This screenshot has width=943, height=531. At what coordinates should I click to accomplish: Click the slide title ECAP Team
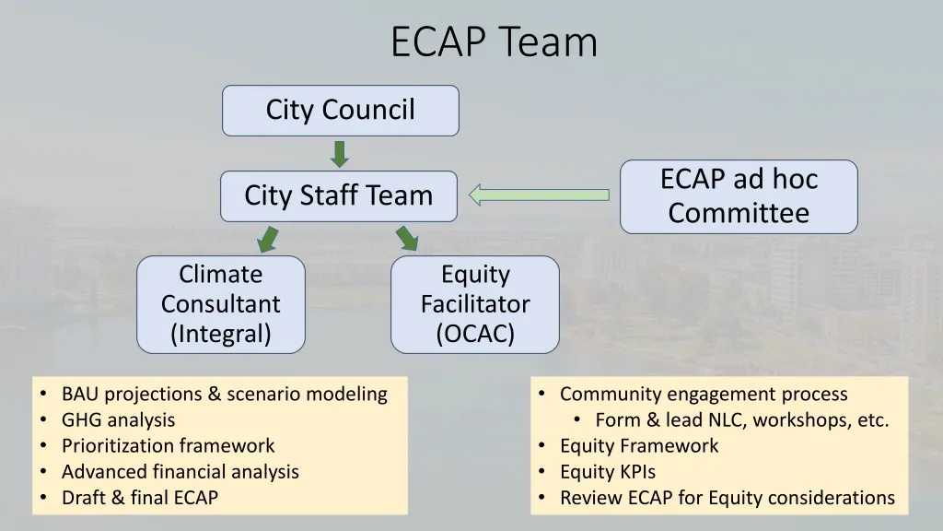click(494, 42)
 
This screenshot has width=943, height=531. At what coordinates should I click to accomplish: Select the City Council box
click(340, 110)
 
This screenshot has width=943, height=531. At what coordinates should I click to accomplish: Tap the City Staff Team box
click(338, 195)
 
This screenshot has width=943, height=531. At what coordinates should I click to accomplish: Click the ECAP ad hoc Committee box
click(739, 196)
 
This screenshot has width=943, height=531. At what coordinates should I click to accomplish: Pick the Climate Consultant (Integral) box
click(221, 304)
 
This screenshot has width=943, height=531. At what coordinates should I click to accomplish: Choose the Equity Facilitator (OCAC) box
click(474, 304)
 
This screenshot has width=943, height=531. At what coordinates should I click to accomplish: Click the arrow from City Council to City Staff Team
click(340, 153)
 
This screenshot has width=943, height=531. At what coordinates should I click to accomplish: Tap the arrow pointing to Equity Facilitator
click(407, 239)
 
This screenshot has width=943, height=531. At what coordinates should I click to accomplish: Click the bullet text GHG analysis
click(118, 420)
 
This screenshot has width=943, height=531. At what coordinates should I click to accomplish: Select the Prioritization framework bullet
click(168, 446)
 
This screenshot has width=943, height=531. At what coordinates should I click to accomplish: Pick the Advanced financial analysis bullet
click(180, 472)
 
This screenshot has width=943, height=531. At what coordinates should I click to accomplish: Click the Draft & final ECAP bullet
click(140, 498)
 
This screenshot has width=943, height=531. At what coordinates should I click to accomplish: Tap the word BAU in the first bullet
click(80, 395)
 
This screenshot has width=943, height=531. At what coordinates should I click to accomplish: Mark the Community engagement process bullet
click(704, 395)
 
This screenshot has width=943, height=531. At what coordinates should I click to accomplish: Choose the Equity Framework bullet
click(639, 446)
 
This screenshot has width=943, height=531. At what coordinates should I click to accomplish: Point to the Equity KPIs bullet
click(608, 472)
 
